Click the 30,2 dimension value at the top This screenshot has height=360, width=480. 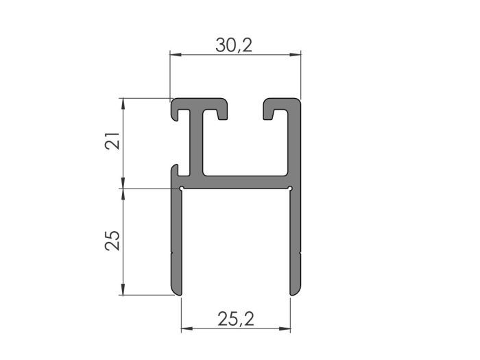click(x=234, y=45)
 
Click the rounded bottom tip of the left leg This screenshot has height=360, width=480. click(x=177, y=293)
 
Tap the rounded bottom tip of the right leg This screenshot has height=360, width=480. click(x=295, y=293)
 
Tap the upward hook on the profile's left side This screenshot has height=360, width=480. click(x=175, y=169)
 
